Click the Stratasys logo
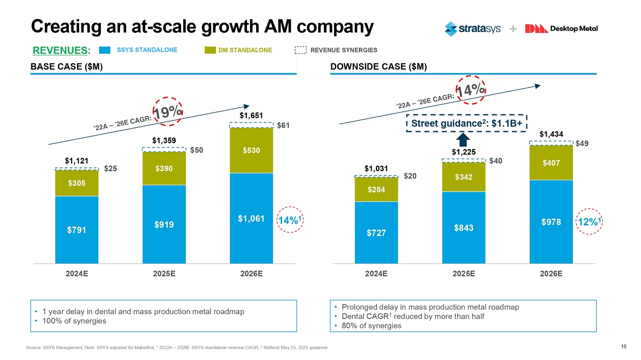coord(472,29)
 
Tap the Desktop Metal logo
coord(562,29)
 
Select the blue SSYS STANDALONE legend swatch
coord(105,50)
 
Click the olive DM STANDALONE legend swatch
coord(210,50)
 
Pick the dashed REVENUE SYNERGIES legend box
coord(301,50)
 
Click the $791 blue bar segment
coord(77,230)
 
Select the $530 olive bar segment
coord(251,150)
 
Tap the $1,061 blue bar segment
coord(251,218)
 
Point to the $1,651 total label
coord(251,115)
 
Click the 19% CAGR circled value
coord(168,111)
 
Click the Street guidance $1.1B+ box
coord(466,123)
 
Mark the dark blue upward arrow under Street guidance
coord(463,140)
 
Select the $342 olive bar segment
coord(464,177)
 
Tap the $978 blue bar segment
coord(551,222)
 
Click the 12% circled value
coord(589,222)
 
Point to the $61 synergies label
coord(283,125)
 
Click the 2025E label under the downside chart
coord(464,274)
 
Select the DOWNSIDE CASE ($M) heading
coord(379,67)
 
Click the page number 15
coord(623,346)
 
